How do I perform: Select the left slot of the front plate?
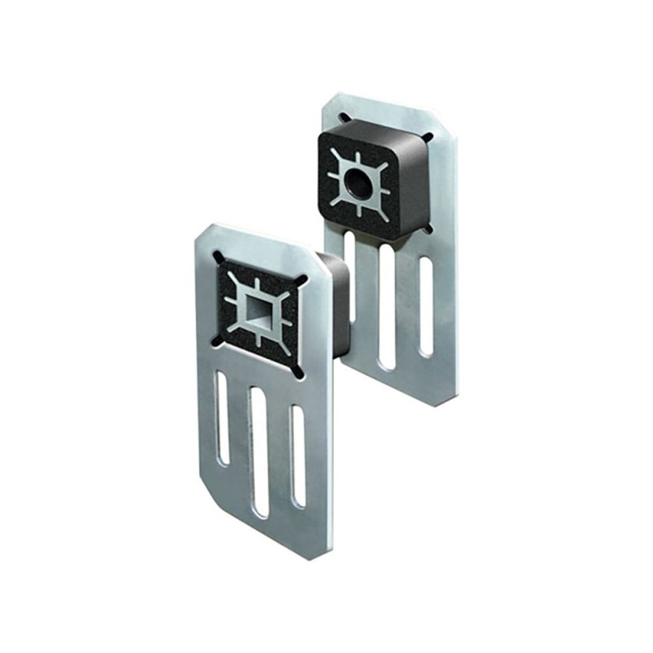[x=221, y=408]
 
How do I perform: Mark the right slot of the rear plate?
[x=425, y=306]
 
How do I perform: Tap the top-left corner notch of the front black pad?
[x=219, y=257]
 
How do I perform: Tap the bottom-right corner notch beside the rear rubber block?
[x=428, y=229]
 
